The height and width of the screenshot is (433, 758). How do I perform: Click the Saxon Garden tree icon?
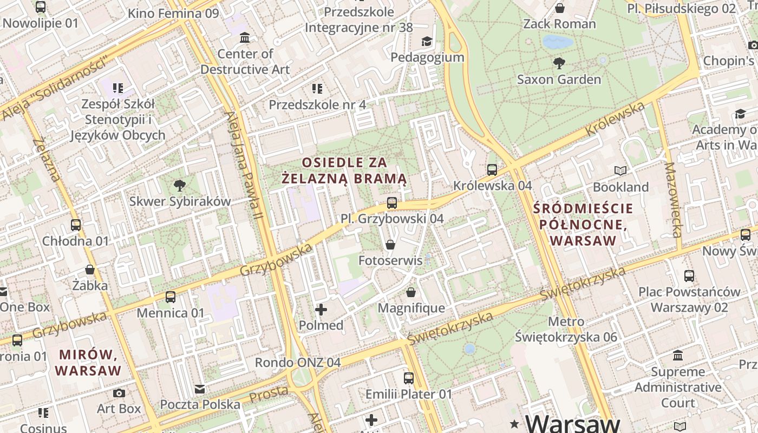tap(559, 63)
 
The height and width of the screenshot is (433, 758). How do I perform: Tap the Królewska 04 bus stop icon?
tap(492, 169)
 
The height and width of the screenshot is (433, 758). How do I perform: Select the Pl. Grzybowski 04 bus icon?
tap(391, 203)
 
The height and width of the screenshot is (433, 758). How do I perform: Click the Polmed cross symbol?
tap(321, 310)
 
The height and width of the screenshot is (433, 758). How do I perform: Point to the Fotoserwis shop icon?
tap(390, 245)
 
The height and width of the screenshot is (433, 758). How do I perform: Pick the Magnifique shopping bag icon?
tap(411, 292)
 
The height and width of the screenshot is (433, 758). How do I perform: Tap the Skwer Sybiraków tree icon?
tap(180, 186)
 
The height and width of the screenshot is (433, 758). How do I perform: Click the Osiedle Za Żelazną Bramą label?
tap(344, 170)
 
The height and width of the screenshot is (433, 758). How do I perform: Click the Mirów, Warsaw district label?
tap(88, 363)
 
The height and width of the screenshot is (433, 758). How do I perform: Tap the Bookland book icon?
tap(620, 171)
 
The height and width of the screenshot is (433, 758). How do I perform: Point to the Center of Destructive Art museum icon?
tap(245, 38)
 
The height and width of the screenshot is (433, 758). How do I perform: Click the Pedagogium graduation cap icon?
tap(427, 41)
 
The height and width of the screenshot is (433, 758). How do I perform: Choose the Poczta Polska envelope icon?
tap(200, 389)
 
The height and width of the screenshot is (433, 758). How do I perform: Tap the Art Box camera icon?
tap(119, 393)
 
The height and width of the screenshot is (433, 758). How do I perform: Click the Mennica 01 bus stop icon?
tap(171, 297)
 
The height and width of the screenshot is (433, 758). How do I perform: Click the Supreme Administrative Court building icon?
tap(677, 356)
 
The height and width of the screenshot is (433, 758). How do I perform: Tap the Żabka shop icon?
tap(90, 269)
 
